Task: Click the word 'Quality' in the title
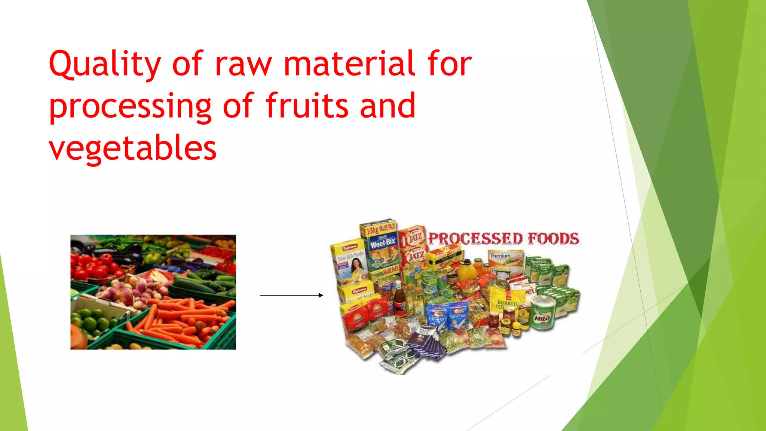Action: (105, 64)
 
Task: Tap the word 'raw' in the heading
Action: (243, 64)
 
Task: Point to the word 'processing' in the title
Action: (130, 107)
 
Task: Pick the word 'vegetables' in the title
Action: (132, 149)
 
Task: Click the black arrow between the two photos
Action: (292, 295)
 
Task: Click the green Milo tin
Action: (543, 312)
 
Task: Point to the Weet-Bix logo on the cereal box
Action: (383, 243)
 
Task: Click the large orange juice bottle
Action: (466, 271)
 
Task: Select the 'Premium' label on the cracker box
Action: (500, 256)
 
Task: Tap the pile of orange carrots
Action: (183, 318)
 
